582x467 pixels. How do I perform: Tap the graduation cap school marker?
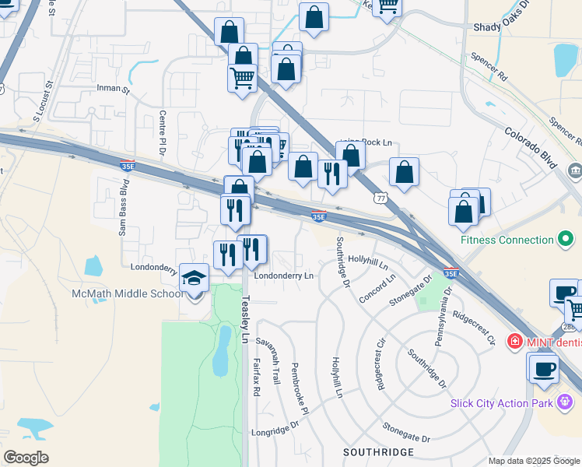tap(194, 278)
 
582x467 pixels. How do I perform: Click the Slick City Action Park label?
tap(503, 402)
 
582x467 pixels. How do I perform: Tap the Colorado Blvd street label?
tap(529, 148)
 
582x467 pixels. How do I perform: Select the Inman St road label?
tap(114, 90)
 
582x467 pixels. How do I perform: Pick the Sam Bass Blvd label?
tap(123, 207)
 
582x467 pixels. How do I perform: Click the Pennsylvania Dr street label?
tap(441, 311)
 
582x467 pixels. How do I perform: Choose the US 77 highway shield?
tap(379, 198)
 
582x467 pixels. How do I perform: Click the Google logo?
tap(26, 458)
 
